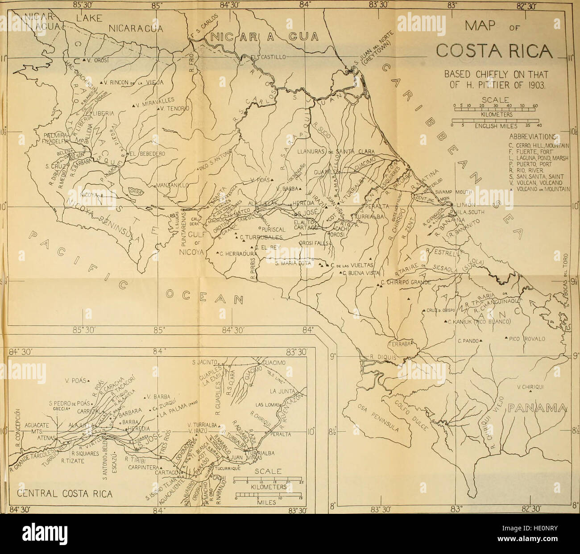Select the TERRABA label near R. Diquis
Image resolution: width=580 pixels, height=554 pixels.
[401, 344]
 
